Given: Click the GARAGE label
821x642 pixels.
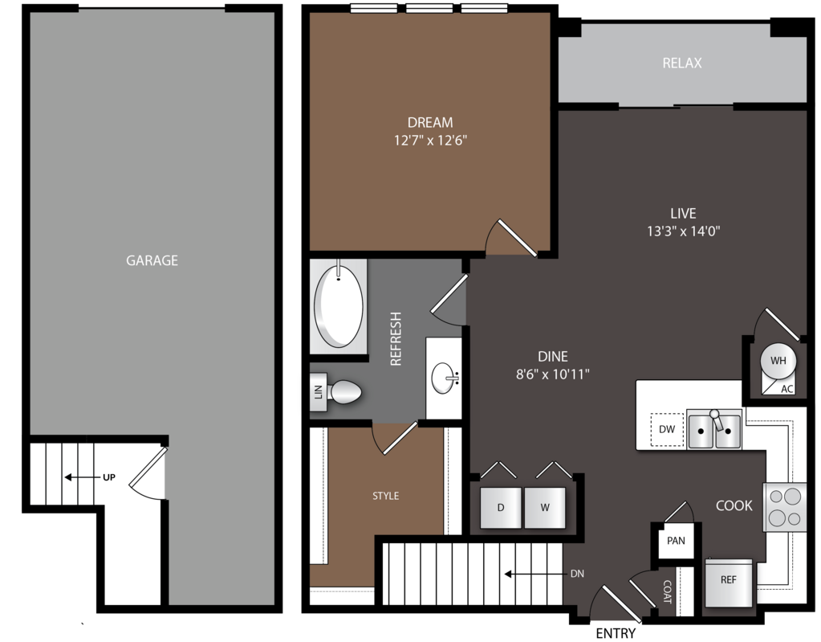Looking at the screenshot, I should click(x=152, y=260).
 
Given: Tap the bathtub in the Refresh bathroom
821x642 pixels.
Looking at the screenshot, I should click(x=338, y=306).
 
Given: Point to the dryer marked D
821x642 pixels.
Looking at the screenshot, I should click(x=500, y=507).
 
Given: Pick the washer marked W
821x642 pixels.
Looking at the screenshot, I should click(x=545, y=507).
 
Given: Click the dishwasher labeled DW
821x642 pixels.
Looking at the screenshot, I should click(x=667, y=429).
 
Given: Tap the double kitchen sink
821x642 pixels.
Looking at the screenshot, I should click(x=714, y=430).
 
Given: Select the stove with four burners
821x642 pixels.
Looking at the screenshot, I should click(x=785, y=507).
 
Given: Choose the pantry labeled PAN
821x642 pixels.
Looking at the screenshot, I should click(x=676, y=540).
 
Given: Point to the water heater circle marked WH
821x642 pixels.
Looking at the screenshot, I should click(x=778, y=361).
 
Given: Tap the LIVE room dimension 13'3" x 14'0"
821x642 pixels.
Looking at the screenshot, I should click(x=683, y=231).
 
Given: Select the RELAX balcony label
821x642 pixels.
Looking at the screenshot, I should click(x=682, y=63).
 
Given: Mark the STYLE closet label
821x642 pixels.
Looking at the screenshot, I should click(x=385, y=496).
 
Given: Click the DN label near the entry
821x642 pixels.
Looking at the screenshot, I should click(x=576, y=574).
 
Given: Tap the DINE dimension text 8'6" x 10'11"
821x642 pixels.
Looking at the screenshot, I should click(x=553, y=374).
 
